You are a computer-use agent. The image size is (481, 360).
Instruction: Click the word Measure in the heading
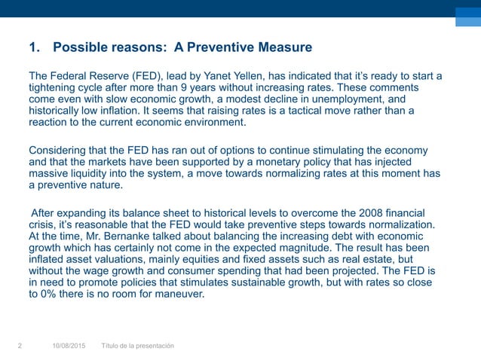point(282,48)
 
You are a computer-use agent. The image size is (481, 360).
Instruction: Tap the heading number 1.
point(32,48)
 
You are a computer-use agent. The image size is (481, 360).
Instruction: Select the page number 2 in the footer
point(20,346)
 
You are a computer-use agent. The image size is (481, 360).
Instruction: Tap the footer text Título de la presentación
point(138,346)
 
